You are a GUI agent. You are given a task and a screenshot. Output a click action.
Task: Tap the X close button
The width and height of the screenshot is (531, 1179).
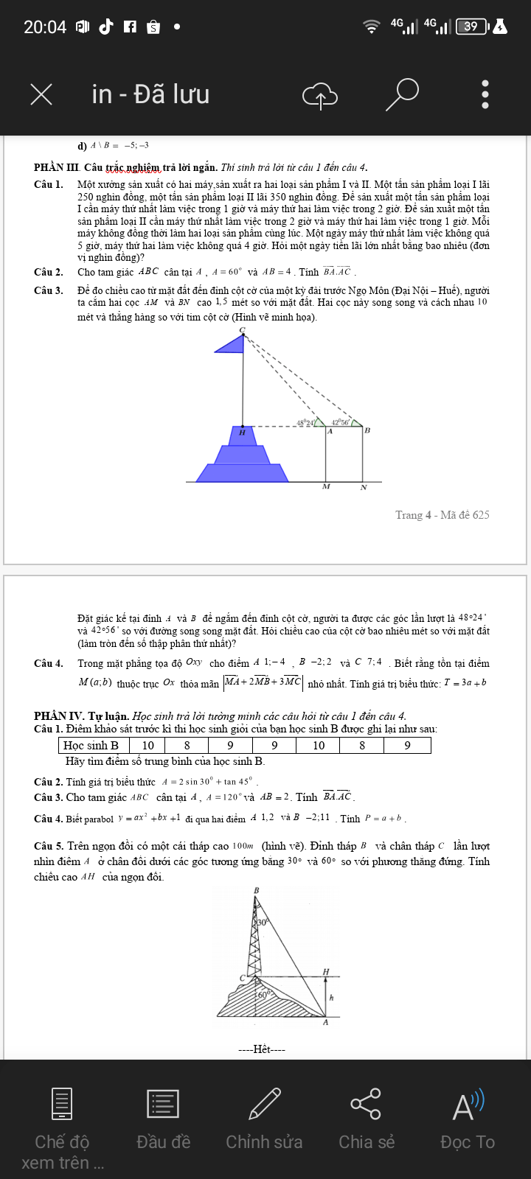tap(41, 94)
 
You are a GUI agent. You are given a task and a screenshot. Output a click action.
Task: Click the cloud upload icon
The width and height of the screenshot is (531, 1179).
tap(320, 94)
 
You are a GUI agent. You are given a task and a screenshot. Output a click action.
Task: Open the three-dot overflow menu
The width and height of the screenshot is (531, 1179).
tap(485, 94)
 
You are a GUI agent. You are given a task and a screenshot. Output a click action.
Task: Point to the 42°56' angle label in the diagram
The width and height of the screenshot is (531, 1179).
tap(340, 422)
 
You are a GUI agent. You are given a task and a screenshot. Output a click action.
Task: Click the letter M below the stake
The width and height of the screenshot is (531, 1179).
tap(326, 487)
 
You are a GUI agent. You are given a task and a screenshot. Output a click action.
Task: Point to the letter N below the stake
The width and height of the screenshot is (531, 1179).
tap(364, 488)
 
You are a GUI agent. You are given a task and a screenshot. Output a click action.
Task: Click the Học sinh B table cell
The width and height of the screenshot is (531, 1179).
tap(91, 745)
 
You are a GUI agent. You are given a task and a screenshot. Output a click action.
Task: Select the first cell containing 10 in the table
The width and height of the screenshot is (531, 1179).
tap(148, 745)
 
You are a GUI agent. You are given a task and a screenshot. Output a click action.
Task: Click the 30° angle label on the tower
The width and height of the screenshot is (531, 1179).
tap(263, 922)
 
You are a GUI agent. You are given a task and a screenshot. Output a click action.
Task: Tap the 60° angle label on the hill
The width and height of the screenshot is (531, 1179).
tap(263, 995)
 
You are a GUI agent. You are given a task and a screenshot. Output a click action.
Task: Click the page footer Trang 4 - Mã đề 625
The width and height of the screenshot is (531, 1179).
tap(442, 515)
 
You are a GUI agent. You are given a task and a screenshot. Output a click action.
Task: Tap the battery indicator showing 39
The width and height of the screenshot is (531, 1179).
tap(471, 27)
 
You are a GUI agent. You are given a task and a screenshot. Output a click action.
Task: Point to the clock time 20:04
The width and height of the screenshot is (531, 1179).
tap(45, 27)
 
